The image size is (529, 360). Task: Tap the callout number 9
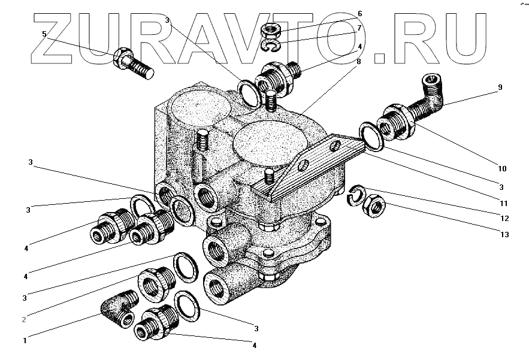tap(499, 87)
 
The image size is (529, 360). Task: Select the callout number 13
tap(504, 235)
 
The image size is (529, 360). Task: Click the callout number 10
tap(502, 169)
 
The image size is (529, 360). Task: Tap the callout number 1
tap(25, 341)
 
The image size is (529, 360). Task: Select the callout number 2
tap(24, 319)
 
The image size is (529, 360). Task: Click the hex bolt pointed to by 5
tap(132, 63)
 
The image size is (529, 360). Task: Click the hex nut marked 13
tap(375, 206)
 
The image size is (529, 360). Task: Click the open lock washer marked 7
tap(272, 46)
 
